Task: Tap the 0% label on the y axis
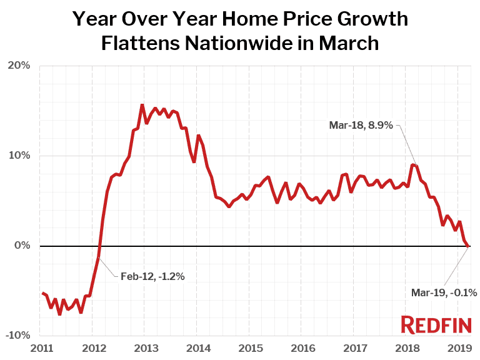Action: coord(22,246)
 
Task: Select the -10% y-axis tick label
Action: coord(18,336)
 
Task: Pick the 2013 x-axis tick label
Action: coord(145,347)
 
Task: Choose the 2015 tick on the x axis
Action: coord(249,347)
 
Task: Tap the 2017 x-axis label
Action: coord(354,347)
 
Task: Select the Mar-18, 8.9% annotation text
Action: coord(361,126)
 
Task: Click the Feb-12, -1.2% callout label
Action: coord(152,276)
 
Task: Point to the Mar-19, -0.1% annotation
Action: coord(444,292)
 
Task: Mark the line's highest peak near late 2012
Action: coord(142,105)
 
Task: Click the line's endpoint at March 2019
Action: coord(469,246)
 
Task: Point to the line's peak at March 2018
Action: coord(412,165)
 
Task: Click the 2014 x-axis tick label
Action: coord(197,347)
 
